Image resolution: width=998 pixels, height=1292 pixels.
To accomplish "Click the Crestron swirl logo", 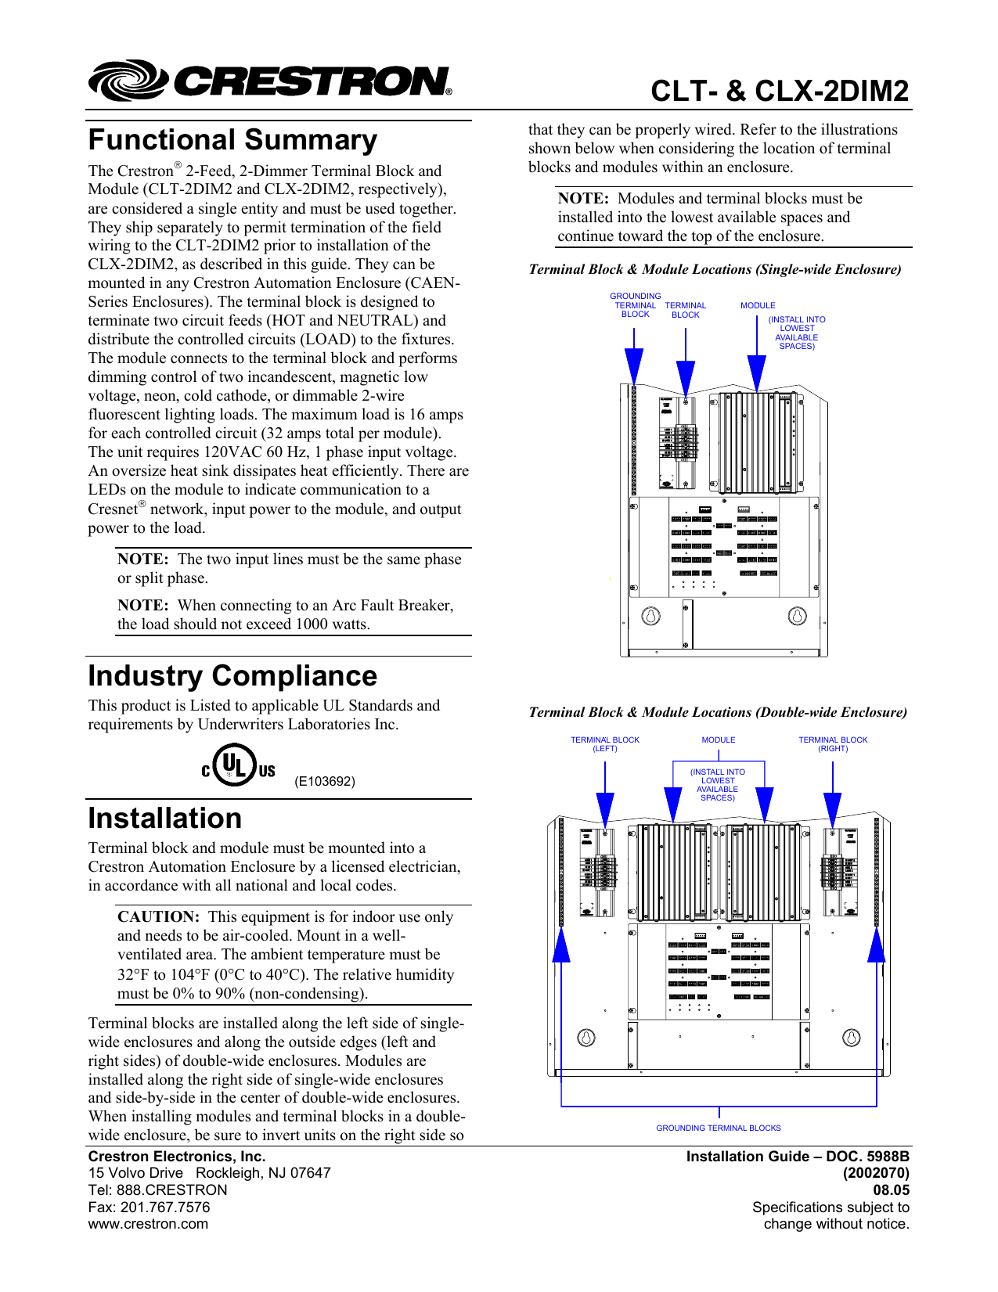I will click(127, 81).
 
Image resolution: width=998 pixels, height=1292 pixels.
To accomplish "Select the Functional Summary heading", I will click(232, 140).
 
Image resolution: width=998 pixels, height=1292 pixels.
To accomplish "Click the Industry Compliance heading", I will click(232, 676).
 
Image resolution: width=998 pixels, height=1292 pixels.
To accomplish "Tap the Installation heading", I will click(165, 819).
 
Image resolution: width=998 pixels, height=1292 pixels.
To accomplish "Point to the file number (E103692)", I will click(325, 781).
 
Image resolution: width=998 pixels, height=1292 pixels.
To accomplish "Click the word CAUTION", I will click(159, 917).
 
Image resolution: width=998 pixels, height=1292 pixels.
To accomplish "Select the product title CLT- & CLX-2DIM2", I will click(780, 92).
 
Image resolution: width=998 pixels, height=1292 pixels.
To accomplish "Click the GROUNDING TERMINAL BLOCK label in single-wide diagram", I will click(635, 305).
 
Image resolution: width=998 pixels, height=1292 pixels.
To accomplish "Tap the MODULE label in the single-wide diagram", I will click(758, 305).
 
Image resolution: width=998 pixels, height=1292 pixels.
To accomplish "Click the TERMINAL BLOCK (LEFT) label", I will click(604, 744).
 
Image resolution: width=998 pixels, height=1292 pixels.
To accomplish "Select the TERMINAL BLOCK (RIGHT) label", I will click(833, 744).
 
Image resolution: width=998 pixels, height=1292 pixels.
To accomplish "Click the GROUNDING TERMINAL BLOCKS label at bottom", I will click(719, 1128).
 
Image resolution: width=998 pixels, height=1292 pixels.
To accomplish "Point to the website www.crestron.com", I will click(148, 1224).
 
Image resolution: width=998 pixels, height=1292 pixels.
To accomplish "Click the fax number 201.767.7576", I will click(165, 1207).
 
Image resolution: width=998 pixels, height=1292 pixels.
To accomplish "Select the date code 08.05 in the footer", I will click(891, 1190).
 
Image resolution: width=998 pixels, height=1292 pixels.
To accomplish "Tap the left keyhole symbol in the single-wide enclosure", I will click(650, 616).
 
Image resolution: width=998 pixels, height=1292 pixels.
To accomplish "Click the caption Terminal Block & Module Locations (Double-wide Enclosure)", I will click(718, 712).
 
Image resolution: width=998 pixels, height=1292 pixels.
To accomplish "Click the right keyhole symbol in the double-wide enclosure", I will click(851, 1038).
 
